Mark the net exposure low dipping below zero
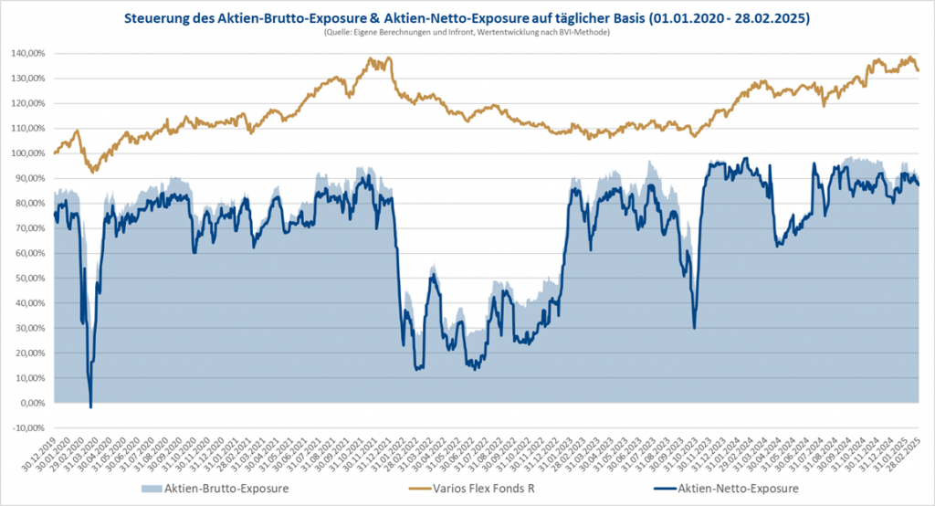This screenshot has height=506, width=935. pos(90,406)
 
